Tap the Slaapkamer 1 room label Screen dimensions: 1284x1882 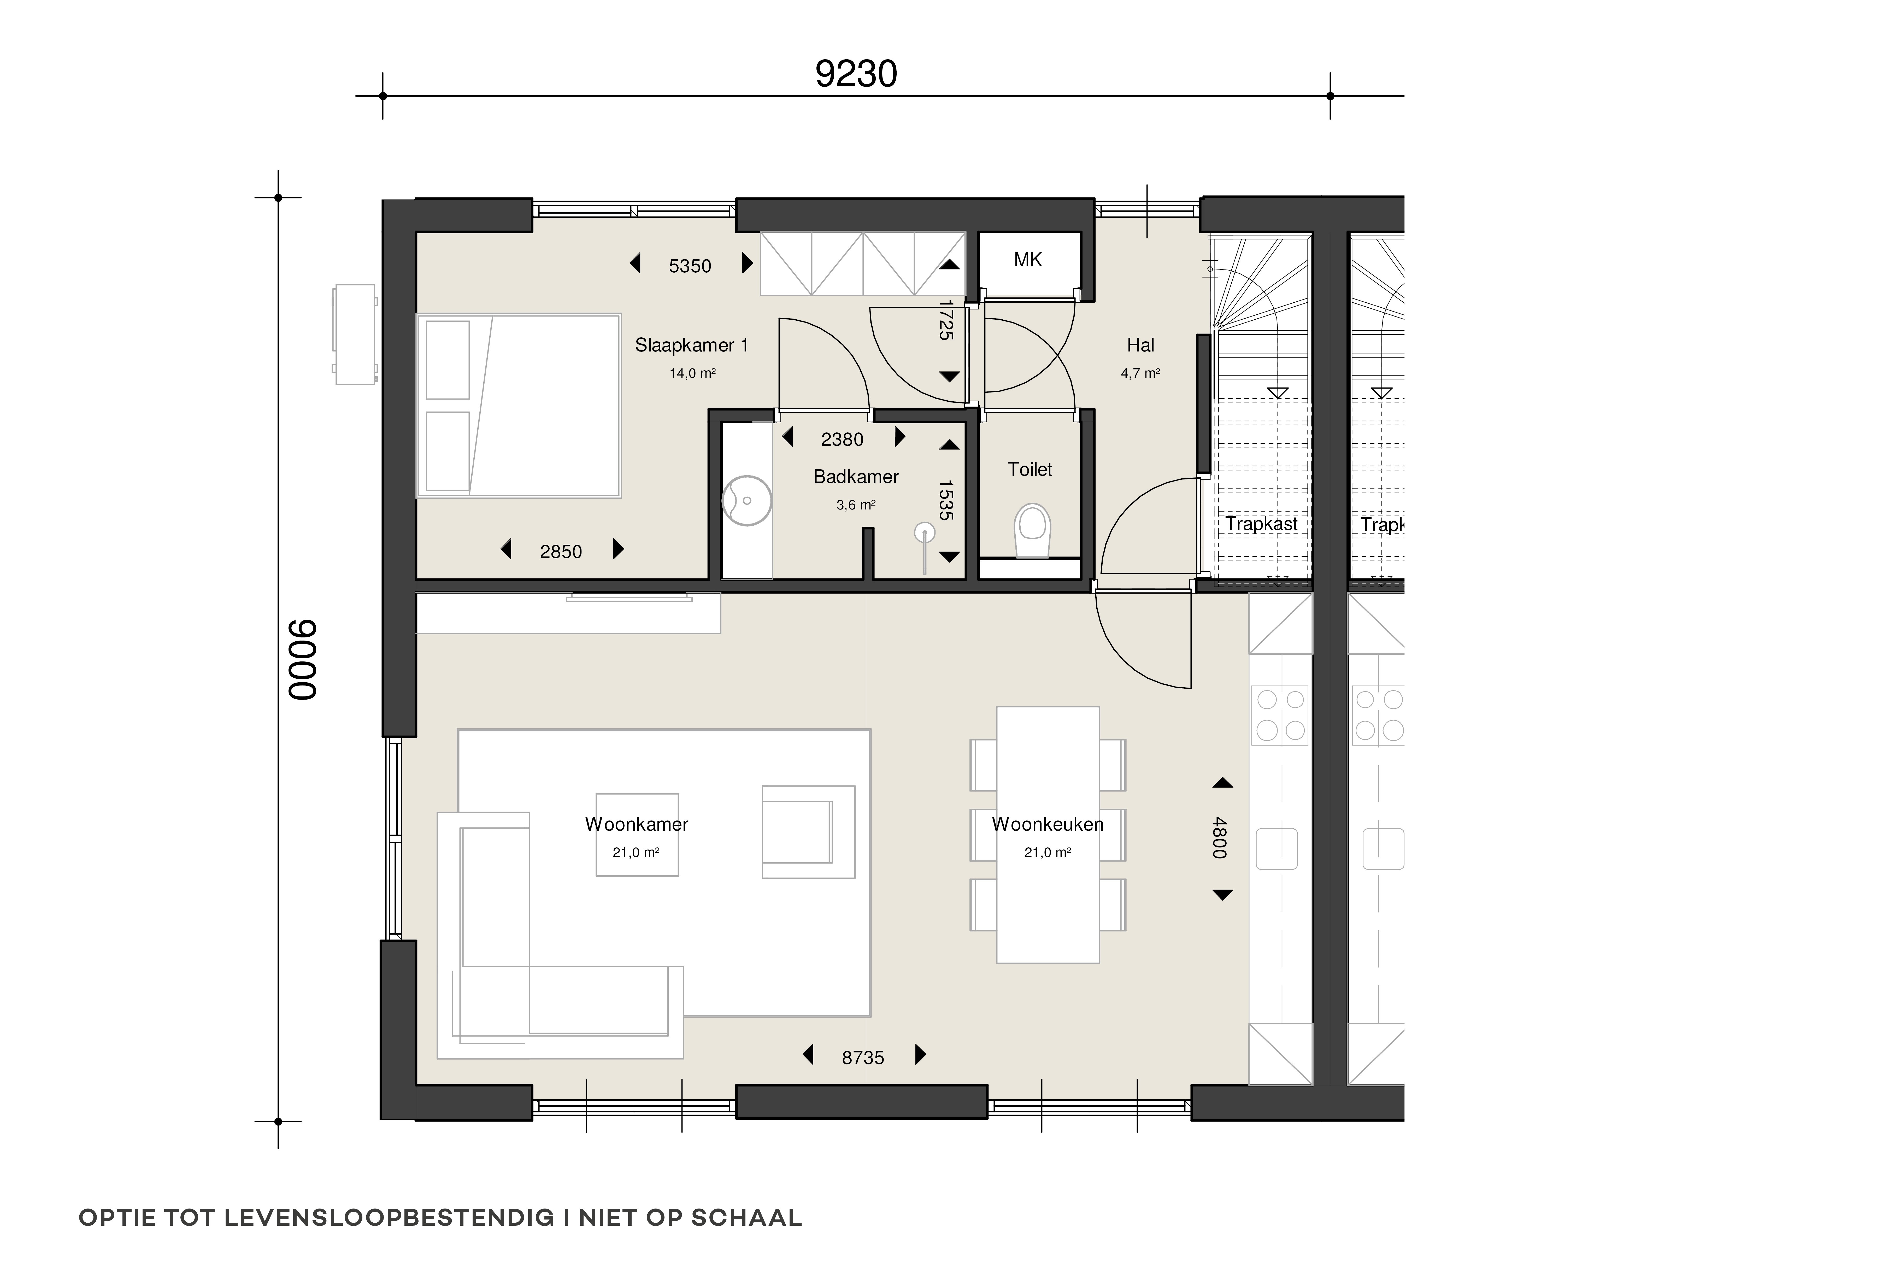[x=691, y=345]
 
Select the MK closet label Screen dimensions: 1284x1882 [x=1028, y=260]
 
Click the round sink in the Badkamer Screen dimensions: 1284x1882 [x=746, y=501]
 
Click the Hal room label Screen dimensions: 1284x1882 [x=1140, y=345]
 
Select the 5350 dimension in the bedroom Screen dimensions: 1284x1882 [x=690, y=266]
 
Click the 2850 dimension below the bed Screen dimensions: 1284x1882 [x=560, y=552]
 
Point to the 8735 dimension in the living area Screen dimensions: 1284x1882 [x=862, y=1057]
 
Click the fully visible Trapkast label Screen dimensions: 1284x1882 [x=1261, y=524]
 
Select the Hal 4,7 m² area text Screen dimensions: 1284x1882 [x=1140, y=373]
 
